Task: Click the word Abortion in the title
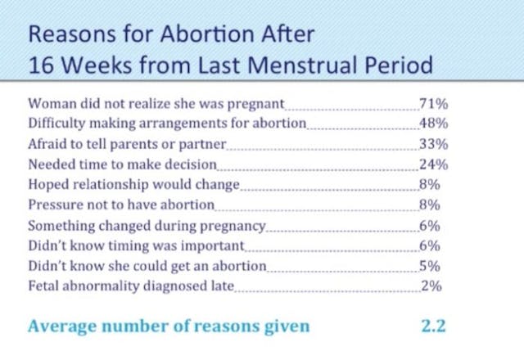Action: (192, 35)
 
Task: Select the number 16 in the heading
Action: (42, 66)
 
